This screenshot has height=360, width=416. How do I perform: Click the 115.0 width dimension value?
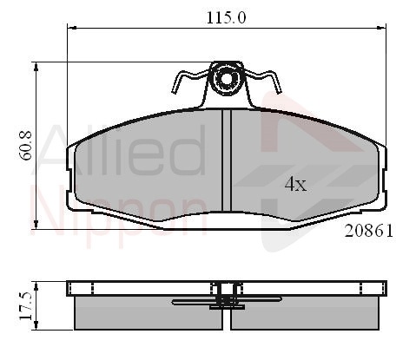pos(226,17)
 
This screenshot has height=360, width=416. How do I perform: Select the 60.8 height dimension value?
pos(26,146)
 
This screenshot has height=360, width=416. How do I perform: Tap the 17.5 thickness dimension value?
pos(25,305)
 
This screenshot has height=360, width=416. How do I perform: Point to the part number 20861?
pos(369,231)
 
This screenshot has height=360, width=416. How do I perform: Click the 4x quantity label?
pos(295,184)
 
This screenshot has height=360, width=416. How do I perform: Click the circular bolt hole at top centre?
pos(227,78)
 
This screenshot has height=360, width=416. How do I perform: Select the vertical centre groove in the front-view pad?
pos(227,160)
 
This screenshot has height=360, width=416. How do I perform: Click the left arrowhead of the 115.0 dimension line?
pos(71,28)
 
